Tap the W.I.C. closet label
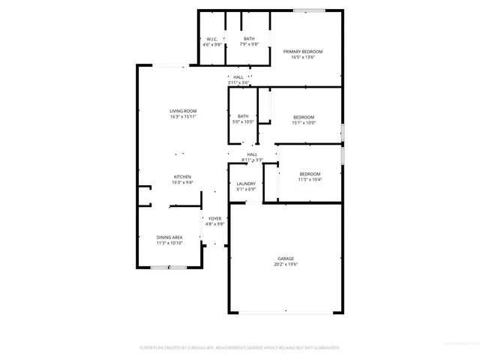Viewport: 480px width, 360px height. (x=212, y=39)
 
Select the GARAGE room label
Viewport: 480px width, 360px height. (x=284, y=259)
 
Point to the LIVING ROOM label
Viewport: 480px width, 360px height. (x=183, y=111)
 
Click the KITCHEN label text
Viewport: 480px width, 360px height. (x=183, y=177)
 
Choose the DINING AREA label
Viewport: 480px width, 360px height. (x=169, y=237)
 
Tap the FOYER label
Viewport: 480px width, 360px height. (x=215, y=218)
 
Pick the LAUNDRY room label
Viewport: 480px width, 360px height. (x=246, y=184)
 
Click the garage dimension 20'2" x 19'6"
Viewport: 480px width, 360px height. (x=284, y=264)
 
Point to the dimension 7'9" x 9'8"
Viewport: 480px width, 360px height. (x=249, y=44)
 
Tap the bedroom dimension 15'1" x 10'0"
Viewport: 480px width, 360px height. (x=304, y=122)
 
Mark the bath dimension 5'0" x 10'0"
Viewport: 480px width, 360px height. (x=243, y=121)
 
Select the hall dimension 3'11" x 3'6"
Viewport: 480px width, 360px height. (x=238, y=82)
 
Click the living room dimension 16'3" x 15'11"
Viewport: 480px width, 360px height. (x=183, y=116)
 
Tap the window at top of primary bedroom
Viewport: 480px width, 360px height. (x=304, y=10)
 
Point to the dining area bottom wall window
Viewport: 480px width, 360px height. (x=169, y=267)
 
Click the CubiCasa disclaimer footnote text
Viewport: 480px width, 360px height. (x=240, y=348)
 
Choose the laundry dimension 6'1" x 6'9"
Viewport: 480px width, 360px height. (x=246, y=189)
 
